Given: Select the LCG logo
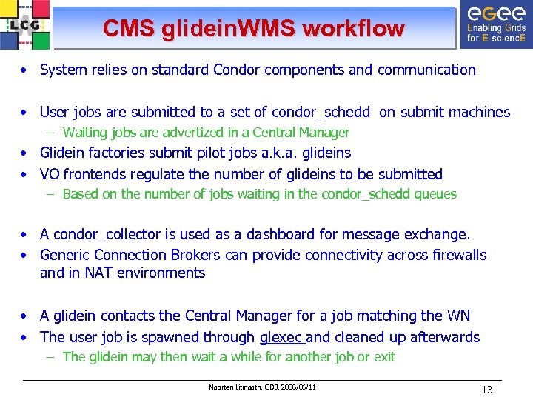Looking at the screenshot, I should click(26, 24).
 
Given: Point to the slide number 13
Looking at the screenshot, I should click(486, 390).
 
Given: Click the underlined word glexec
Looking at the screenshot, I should click(281, 338).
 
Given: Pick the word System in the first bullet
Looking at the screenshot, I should click(64, 70).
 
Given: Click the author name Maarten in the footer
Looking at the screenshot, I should click(221, 387).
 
